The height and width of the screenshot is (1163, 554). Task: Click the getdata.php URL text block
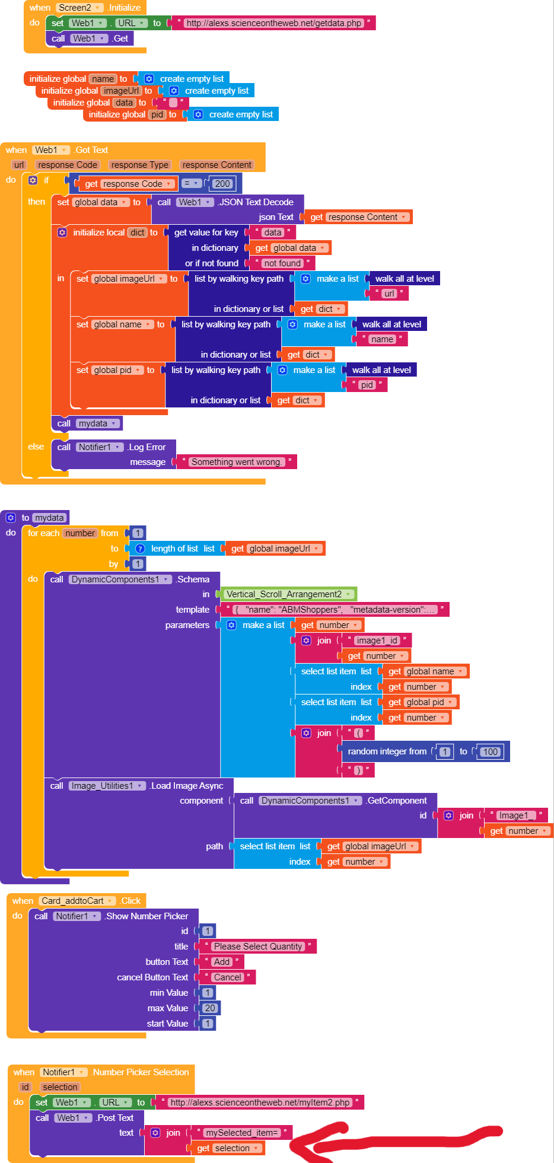point(273,23)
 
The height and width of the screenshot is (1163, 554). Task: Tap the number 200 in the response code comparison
point(222,184)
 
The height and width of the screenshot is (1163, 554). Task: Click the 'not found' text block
point(282,263)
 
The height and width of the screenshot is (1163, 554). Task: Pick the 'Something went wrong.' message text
point(236,462)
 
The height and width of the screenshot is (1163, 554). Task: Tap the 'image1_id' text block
point(377,641)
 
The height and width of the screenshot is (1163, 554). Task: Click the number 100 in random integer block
point(490,752)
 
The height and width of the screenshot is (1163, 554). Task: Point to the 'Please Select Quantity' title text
point(257,947)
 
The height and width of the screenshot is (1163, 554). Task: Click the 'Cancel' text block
point(228,977)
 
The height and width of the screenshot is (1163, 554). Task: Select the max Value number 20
point(210,1008)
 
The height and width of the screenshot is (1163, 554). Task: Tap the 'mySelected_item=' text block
point(241,1133)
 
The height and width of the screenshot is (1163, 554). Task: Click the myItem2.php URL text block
point(260,1103)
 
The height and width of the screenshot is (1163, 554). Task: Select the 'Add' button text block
point(222,962)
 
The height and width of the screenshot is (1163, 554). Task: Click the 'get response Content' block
point(358,217)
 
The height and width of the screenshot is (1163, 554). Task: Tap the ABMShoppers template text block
point(335,610)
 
